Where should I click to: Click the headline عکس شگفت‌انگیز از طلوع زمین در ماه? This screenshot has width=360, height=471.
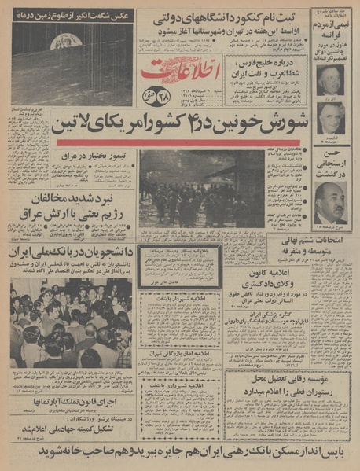click(72, 15)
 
